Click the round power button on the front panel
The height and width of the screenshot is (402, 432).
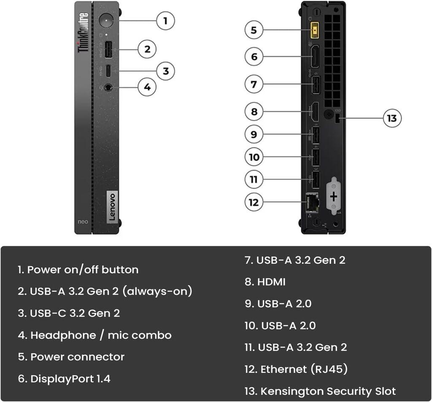pos(105,20)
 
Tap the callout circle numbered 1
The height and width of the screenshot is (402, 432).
pos(165,20)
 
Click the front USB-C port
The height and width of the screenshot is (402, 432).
pos(108,71)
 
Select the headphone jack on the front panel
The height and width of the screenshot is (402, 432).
pos(108,87)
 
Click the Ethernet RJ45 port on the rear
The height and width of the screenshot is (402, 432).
pos(312,202)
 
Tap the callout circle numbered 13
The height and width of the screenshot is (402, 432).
pos(392,118)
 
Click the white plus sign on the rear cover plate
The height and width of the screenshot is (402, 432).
pos(334,196)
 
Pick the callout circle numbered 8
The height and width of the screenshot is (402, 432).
pos(254,112)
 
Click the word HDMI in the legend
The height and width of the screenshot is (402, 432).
pos(271,282)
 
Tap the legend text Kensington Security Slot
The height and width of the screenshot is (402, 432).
pos(328,391)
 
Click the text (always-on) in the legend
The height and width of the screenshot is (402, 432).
pos(157,291)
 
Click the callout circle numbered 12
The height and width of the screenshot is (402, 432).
pos(254,202)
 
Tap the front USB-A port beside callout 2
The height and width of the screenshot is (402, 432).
pos(108,49)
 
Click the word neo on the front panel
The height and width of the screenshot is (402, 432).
pos(82,221)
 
